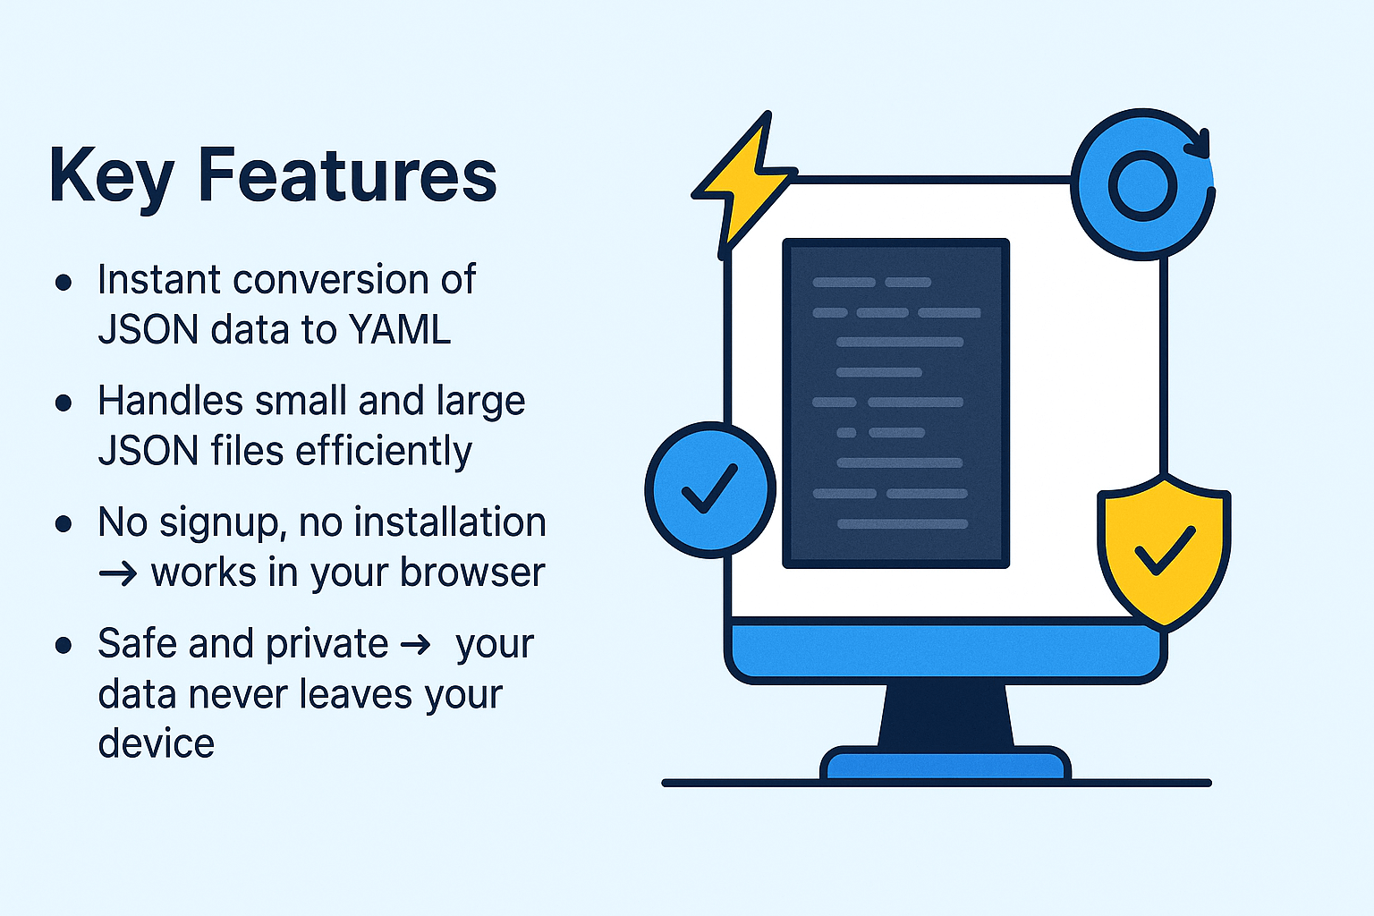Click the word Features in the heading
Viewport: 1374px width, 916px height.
[x=346, y=174]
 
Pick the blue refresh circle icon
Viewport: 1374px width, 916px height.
[x=1142, y=185]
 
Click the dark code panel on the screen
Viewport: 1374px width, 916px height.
[x=895, y=403]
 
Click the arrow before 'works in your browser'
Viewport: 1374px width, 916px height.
[x=118, y=573]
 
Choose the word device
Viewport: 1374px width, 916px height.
[x=157, y=744]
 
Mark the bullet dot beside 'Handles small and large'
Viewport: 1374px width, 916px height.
[x=64, y=403]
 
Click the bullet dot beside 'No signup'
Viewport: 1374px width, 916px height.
[x=64, y=523]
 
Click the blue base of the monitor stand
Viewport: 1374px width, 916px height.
[x=946, y=766]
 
